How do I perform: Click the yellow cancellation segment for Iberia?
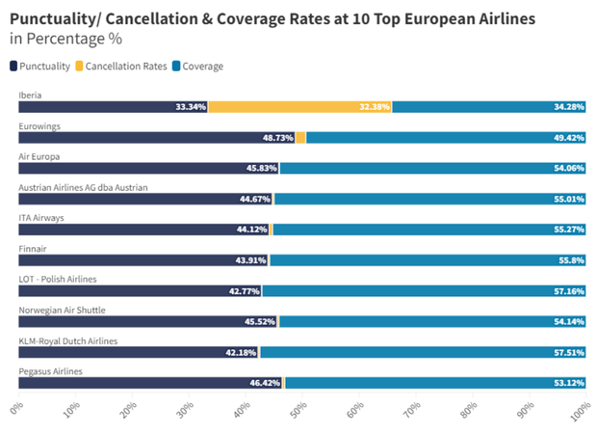298,106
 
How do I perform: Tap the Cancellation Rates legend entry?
124,66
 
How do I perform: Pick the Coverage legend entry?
198,66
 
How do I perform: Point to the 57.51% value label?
566,352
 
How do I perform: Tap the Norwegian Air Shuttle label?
62,310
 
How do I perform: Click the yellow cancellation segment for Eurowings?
300,137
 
